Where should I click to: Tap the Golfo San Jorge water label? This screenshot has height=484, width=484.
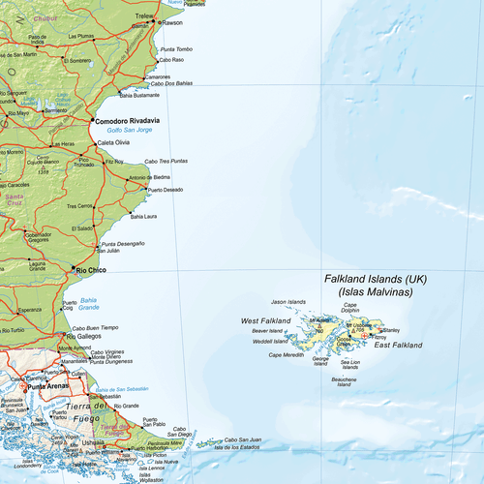(127, 130)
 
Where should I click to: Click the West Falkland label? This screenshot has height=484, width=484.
(262, 320)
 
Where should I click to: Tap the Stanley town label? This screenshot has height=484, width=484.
(390, 329)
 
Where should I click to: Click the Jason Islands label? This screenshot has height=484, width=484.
(287, 301)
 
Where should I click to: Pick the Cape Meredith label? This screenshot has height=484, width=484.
(286, 355)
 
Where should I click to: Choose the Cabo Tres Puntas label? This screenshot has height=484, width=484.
(166, 161)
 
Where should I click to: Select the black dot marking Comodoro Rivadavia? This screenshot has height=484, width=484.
(93, 121)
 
